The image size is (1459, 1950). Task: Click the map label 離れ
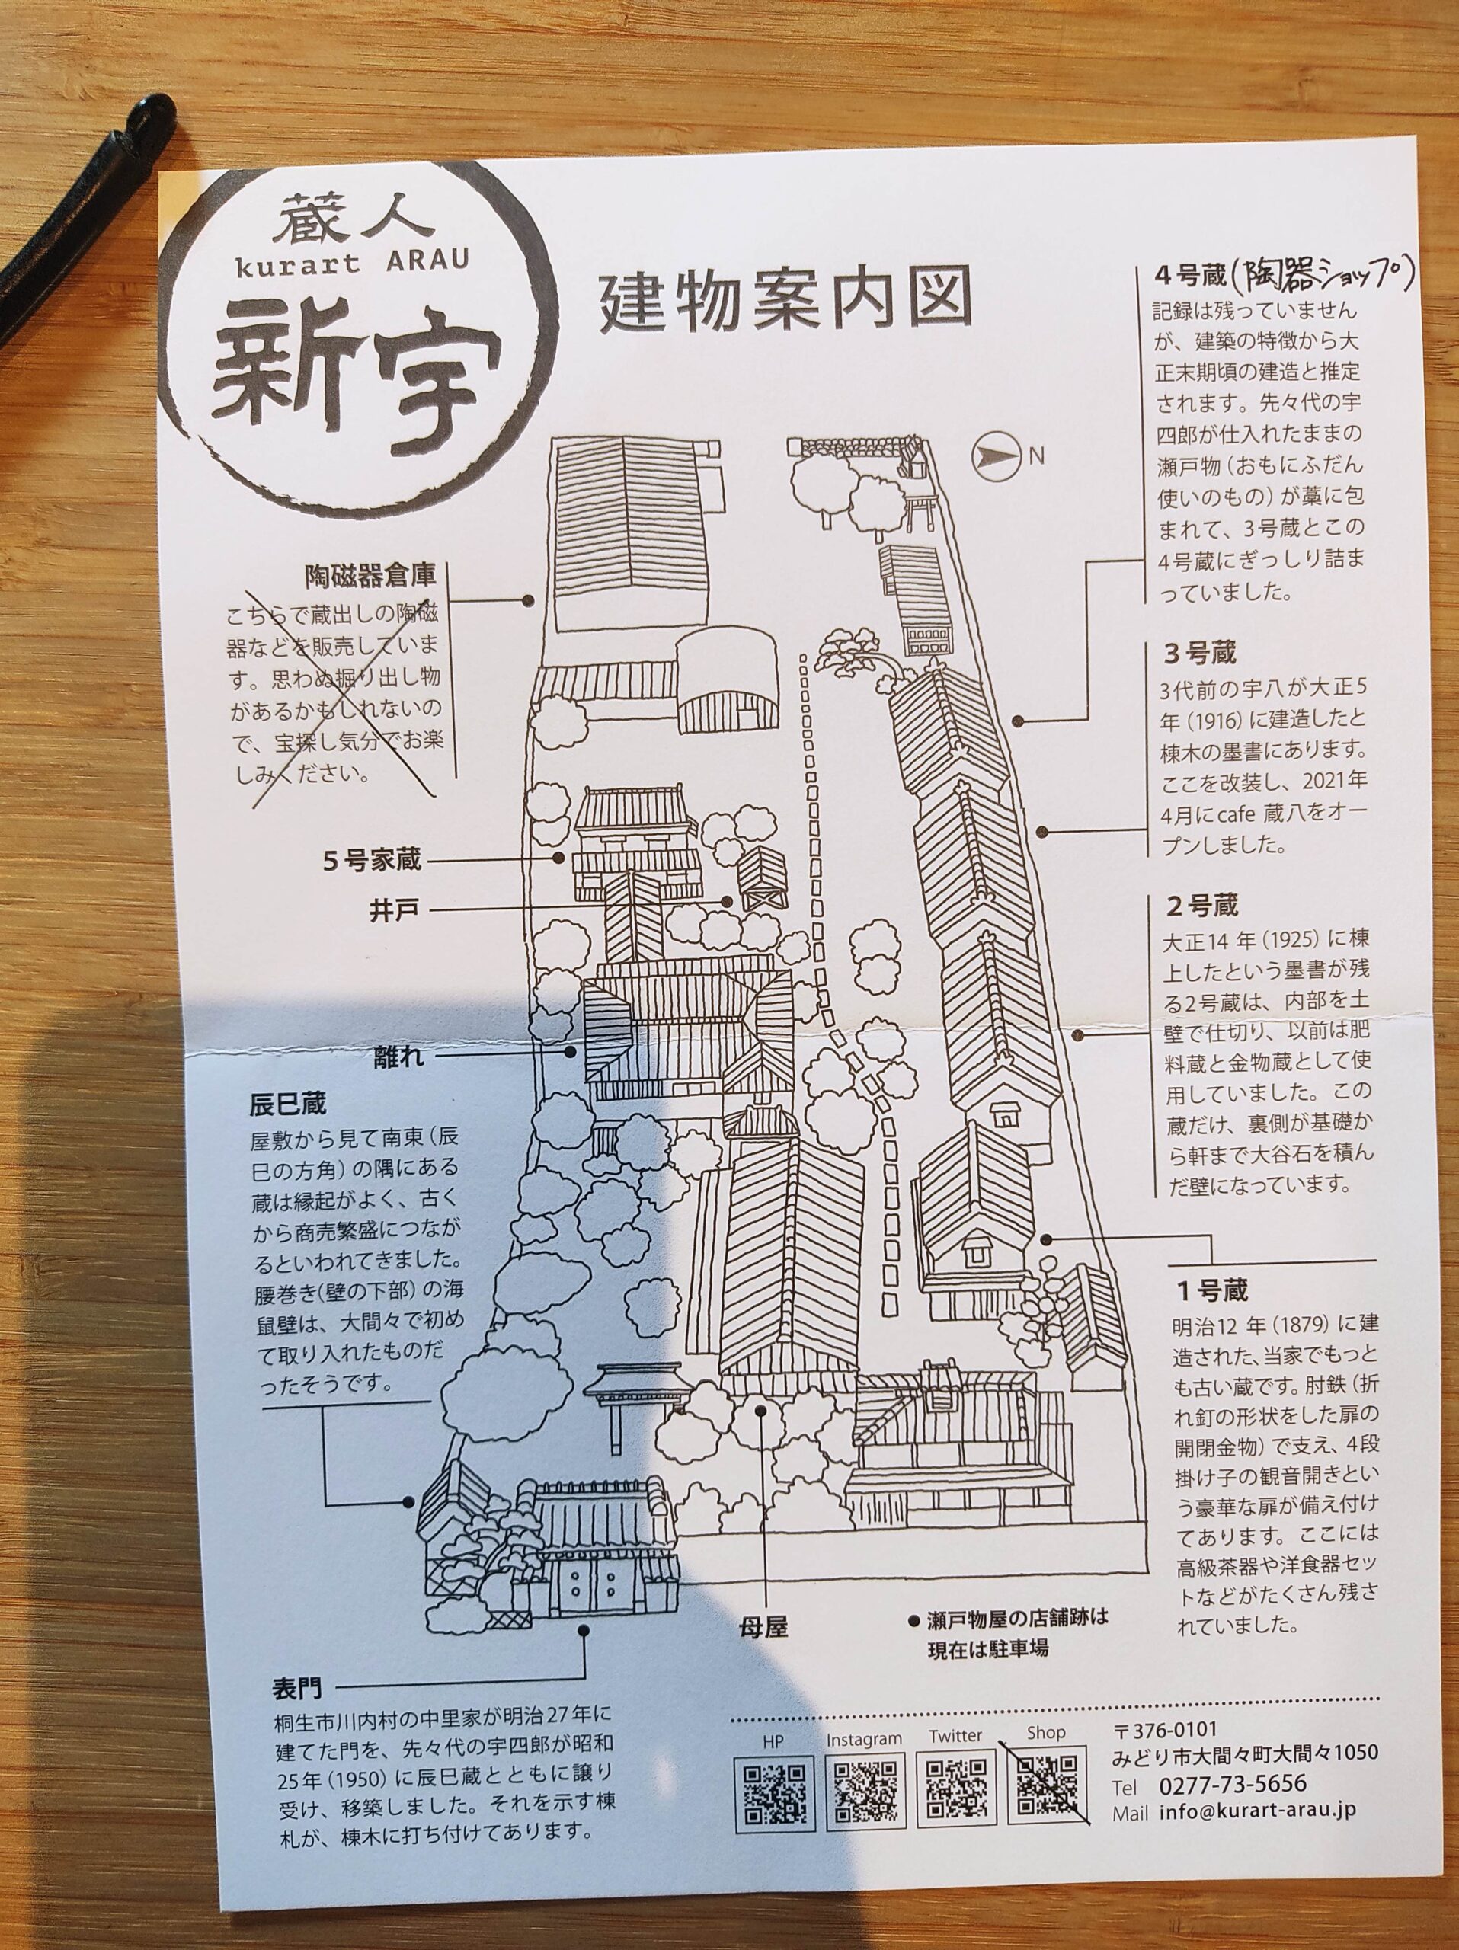(398, 1055)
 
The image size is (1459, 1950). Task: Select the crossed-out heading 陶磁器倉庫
(370, 577)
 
